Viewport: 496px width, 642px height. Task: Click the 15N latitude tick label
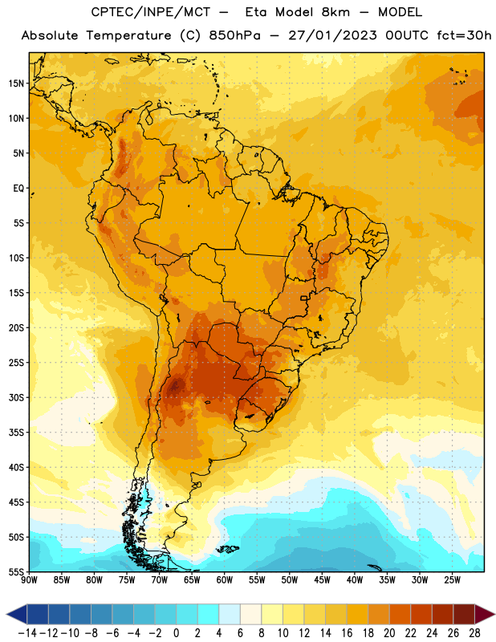pyautogui.click(x=16, y=83)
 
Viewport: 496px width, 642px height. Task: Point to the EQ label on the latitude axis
pyautogui.click(x=18, y=189)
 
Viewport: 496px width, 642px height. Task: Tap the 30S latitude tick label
pyautogui.click(x=16, y=397)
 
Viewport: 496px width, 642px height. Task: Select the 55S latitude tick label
pyautogui.click(x=16, y=571)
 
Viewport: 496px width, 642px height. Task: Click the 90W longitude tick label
pyautogui.click(x=29, y=580)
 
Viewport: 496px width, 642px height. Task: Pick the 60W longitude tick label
pyautogui.click(x=225, y=580)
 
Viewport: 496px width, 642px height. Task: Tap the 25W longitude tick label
pyautogui.click(x=452, y=580)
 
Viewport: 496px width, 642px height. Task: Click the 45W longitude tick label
pyautogui.click(x=322, y=580)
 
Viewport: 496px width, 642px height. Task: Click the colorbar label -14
pyautogui.click(x=27, y=633)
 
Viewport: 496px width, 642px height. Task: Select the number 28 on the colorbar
pyautogui.click(x=474, y=633)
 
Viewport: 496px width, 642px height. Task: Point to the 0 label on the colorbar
pyautogui.click(x=176, y=633)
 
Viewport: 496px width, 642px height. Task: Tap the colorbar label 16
pyautogui.click(x=347, y=633)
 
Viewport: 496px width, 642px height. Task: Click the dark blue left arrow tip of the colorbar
pyautogui.click(x=6, y=614)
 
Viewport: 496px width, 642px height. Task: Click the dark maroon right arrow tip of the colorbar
pyautogui.click(x=494, y=614)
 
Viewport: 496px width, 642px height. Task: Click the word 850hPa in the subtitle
pyautogui.click(x=234, y=35)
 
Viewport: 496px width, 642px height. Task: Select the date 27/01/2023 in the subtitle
pyautogui.click(x=332, y=35)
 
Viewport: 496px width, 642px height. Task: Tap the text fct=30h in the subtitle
pyautogui.click(x=464, y=35)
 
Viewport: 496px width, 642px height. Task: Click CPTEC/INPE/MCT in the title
pyautogui.click(x=151, y=12)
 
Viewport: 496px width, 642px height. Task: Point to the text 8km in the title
pyautogui.click(x=335, y=12)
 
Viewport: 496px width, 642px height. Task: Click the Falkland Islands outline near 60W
pyautogui.click(x=228, y=549)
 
